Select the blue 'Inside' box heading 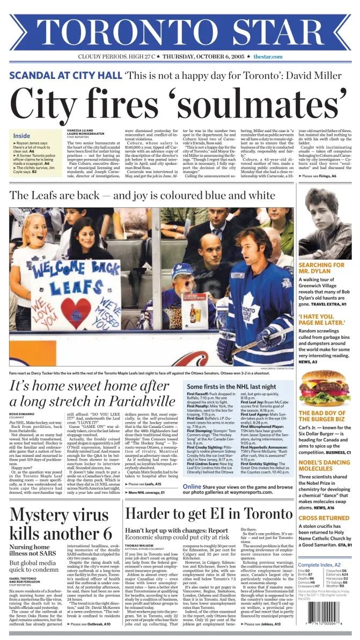click(x=22, y=136)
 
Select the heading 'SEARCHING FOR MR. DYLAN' click(x=322, y=268)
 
